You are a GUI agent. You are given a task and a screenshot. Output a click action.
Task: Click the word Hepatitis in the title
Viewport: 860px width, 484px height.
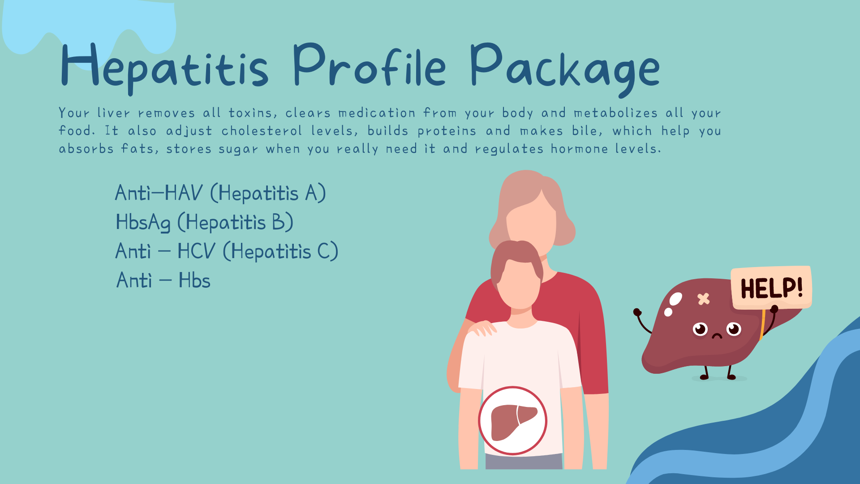(x=164, y=67)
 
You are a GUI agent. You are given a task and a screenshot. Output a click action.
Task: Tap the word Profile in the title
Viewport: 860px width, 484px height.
(x=370, y=65)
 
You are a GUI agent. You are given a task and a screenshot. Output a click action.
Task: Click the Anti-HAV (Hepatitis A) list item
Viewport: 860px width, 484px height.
(x=220, y=193)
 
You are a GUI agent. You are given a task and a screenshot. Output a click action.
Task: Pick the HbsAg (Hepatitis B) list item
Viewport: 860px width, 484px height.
(x=204, y=222)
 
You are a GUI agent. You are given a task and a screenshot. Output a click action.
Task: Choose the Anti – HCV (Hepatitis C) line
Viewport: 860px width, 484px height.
(x=227, y=251)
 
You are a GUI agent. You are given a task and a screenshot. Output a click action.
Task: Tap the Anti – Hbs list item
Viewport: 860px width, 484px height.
(x=163, y=281)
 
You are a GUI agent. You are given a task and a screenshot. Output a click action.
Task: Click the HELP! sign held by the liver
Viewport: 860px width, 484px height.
(x=771, y=287)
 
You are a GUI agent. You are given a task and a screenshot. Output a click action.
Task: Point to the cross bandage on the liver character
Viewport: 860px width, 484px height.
(x=704, y=298)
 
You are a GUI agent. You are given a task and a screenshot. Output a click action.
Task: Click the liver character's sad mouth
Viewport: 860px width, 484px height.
(x=717, y=336)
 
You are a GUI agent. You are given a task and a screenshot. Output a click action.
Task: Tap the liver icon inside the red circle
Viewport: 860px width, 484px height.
(x=514, y=422)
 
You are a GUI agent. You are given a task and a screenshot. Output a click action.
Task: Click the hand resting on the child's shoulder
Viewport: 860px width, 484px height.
(x=482, y=328)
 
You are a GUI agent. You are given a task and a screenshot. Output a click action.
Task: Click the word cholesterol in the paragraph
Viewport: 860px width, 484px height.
(x=262, y=131)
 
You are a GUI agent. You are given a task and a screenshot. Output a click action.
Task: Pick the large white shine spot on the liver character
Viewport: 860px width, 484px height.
(x=675, y=299)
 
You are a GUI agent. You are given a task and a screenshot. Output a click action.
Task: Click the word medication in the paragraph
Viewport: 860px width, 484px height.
(x=377, y=113)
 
